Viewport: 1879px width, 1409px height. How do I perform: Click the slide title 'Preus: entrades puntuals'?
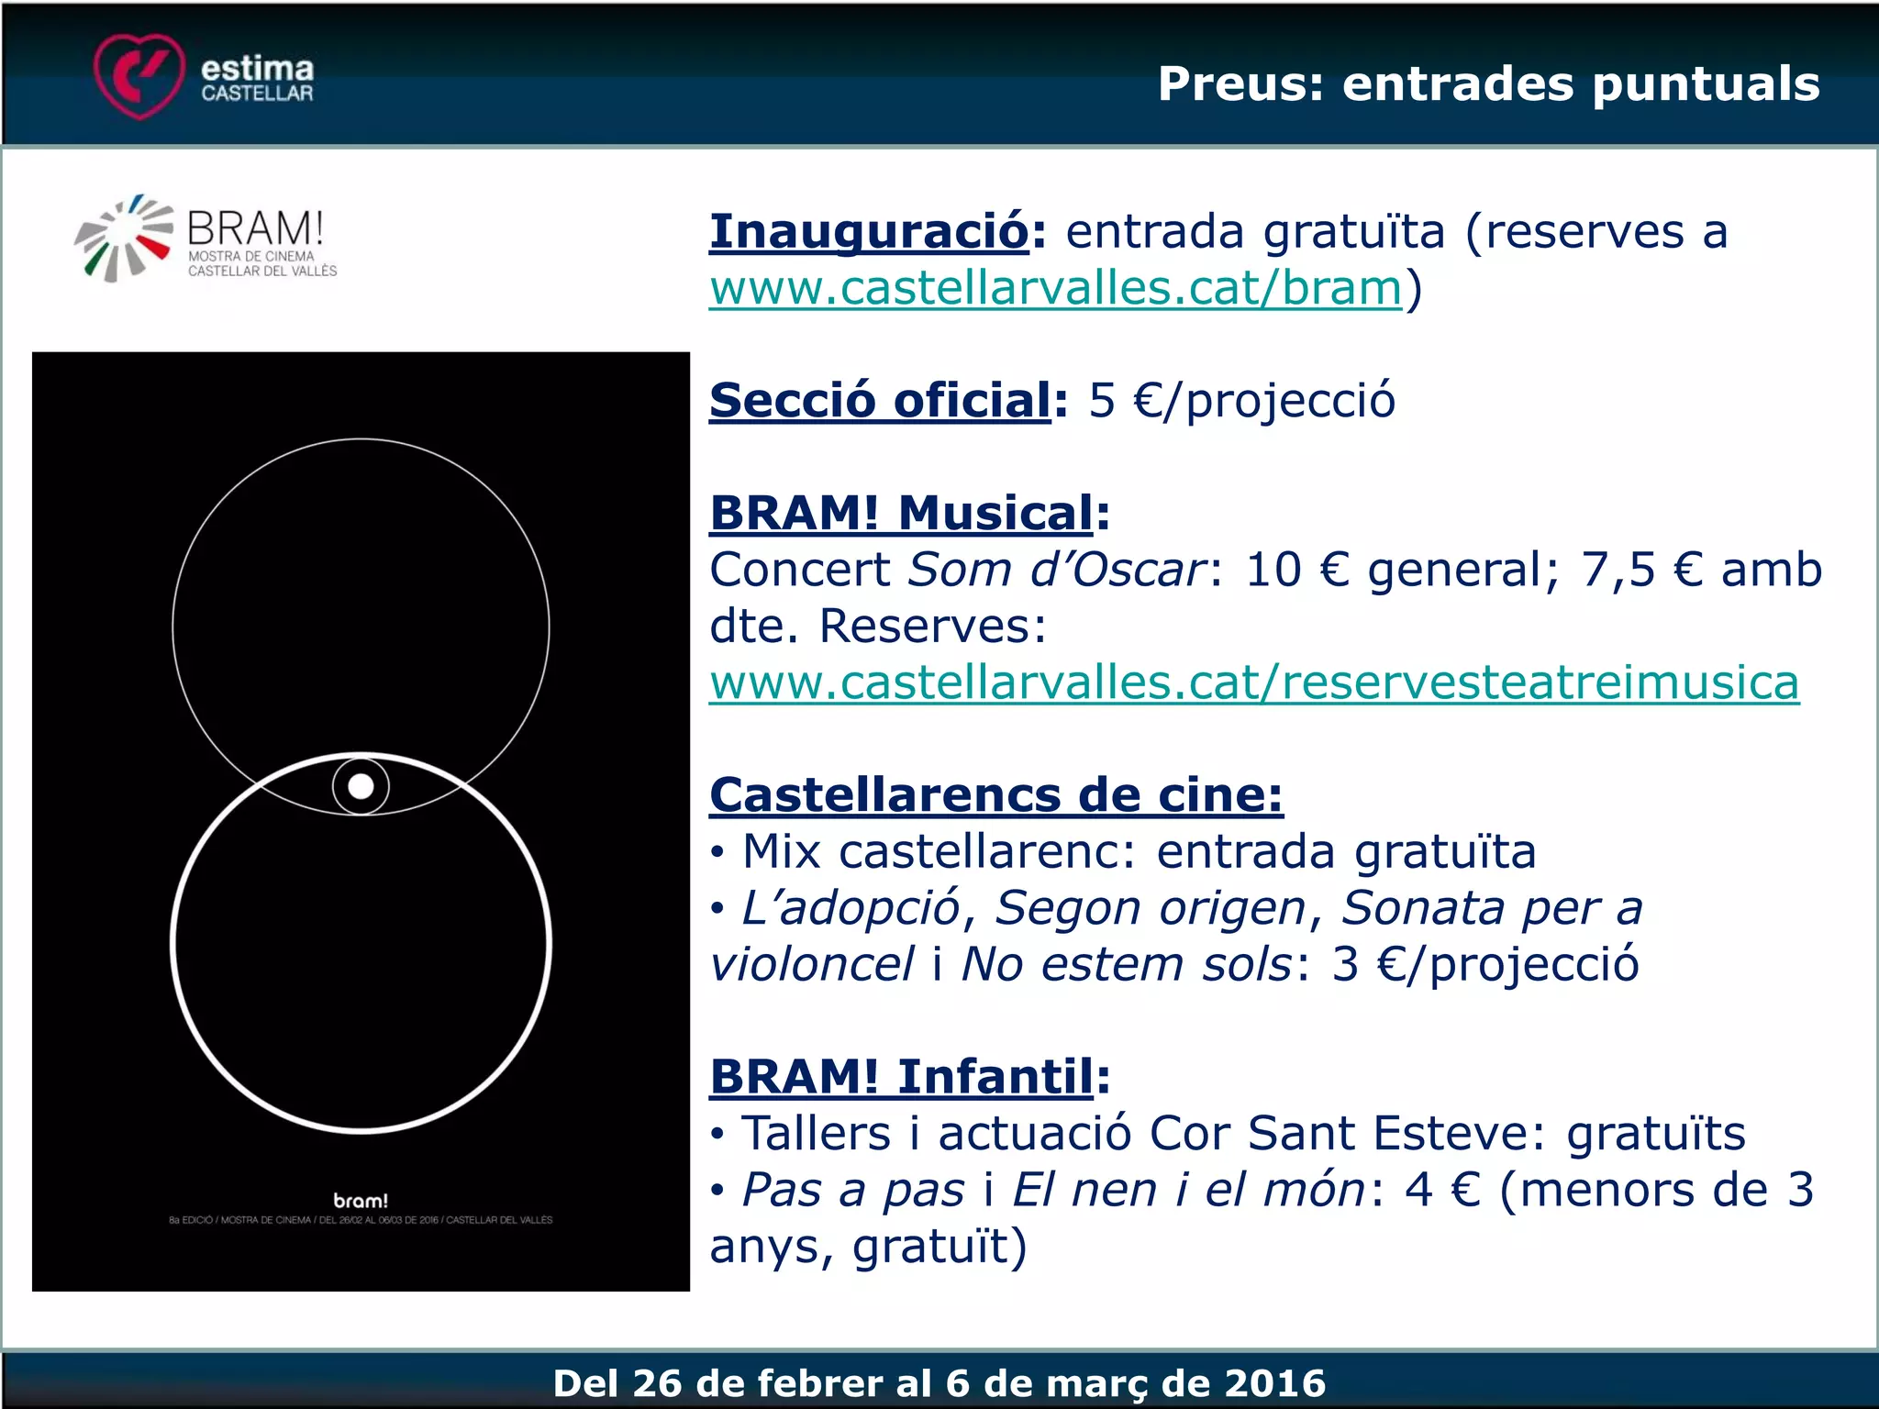tap(1488, 83)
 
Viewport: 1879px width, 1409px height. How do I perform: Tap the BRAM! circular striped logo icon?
tap(124, 239)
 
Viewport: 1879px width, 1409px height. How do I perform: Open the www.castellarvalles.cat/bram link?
tap(1055, 288)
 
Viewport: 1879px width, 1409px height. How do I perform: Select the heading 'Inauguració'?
tap(869, 231)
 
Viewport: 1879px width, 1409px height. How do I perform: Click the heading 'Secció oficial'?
tap(880, 401)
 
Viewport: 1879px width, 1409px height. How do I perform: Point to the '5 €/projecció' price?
tap(1241, 401)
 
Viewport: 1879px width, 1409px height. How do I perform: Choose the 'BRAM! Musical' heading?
tap(901, 513)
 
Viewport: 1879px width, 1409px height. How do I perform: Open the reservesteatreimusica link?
tap(1253, 682)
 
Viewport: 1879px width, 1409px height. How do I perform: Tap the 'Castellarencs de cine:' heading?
tap(995, 794)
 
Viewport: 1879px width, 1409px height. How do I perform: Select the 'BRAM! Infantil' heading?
tap(901, 1076)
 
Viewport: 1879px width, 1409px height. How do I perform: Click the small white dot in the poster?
tap(361, 786)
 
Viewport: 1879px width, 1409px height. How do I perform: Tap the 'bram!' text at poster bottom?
tap(361, 1200)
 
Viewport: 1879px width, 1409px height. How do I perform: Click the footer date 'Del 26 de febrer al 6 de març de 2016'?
tap(939, 1382)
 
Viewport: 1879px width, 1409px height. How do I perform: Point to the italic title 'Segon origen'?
tap(1151, 908)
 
